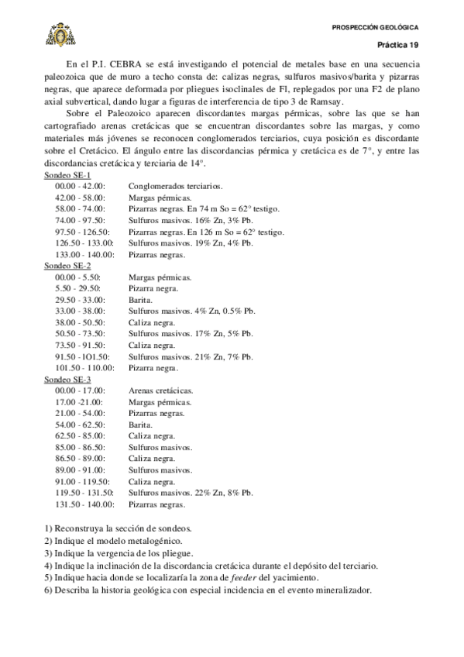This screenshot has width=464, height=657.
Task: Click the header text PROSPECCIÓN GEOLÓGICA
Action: tap(374, 28)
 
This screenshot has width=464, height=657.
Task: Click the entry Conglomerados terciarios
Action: tap(176, 187)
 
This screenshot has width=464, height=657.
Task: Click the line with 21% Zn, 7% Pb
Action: tap(191, 356)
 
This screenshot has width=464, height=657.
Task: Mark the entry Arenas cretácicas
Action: tap(161, 390)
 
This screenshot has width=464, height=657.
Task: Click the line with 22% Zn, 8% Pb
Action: tap(191, 493)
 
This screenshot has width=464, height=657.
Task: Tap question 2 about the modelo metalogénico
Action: tap(113, 541)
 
